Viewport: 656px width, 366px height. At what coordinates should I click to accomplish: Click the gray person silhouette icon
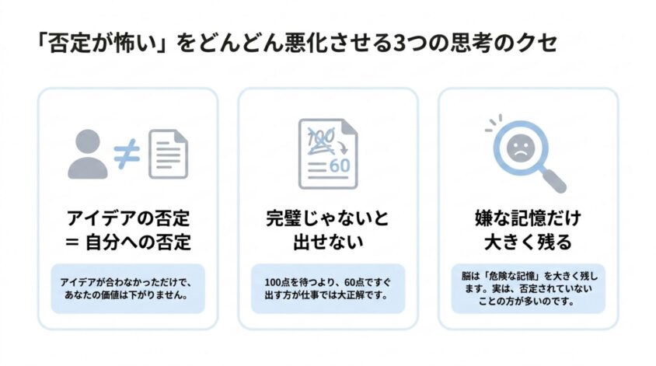pyautogui.click(x=88, y=154)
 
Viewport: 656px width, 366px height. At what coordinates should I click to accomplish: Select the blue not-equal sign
pyautogui.click(x=127, y=154)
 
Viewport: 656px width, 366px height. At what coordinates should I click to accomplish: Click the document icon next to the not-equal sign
pyautogui.click(x=168, y=154)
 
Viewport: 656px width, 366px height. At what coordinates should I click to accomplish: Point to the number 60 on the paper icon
pyautogui.click(x=340, y=166)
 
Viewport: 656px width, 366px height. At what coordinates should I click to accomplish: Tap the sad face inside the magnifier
pyautogui.click(x=521, y=147)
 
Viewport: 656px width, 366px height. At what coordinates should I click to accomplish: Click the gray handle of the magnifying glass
pyautogui.click(x=551, y=179)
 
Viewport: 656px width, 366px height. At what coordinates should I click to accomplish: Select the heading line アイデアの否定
pyautogui.click(x=128, y=218)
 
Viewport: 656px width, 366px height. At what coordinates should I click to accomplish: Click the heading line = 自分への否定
pyautogui.click(x=128, y=242)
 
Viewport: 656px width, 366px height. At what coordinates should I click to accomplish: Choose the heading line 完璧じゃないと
pyautogui.click(x=328, y=218)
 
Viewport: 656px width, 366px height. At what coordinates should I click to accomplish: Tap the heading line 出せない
pyautogui.click(x=328, y=242)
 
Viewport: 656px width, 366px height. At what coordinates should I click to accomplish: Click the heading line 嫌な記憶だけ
pyautogui.click(x=528, y=218)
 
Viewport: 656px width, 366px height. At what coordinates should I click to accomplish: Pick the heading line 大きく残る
pyautogui.click(x=528, y=242)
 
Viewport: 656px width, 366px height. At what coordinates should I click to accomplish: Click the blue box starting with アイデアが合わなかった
pyautogui.click(x=128, y=288)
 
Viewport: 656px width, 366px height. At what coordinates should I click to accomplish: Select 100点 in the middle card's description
pyautogui.click(x=277, y=282)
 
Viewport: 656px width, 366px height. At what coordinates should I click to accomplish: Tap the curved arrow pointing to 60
pyautogui.click(x=342, y=146)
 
